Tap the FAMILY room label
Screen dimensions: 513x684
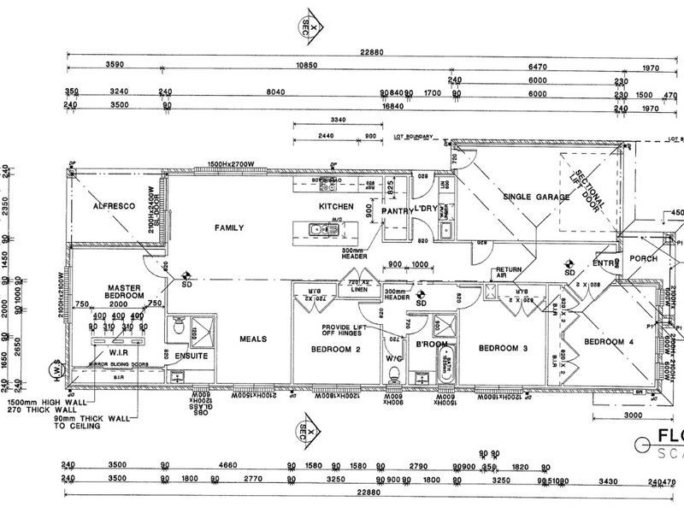229,227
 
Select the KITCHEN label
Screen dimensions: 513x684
335,207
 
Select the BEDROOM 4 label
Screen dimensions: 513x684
608,342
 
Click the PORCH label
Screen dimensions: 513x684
643,259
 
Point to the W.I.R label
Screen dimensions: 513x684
118,350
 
